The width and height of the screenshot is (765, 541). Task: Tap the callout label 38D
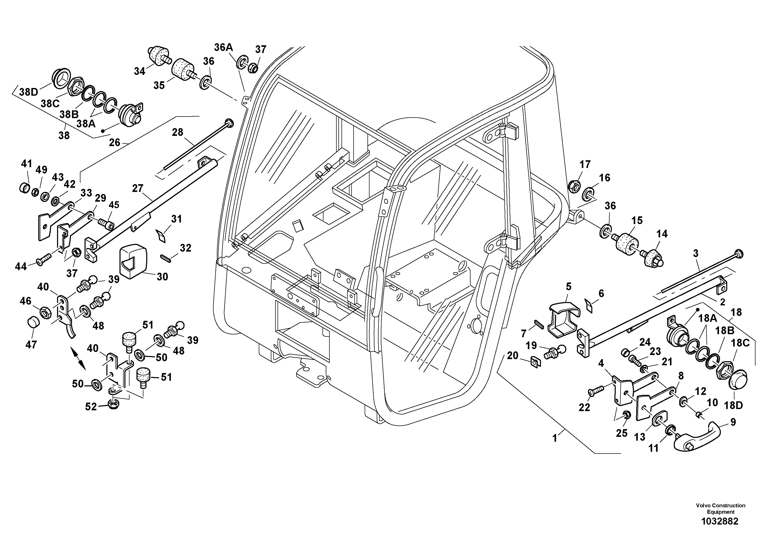pos(29,92)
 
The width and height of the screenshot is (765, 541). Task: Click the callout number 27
pos(137,189)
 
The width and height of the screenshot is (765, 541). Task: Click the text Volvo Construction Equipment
pos(720,509)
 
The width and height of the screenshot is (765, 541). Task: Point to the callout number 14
pos(662,234)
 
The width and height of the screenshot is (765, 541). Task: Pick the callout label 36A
pos(223,47)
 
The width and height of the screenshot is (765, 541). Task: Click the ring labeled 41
pos(24,188)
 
